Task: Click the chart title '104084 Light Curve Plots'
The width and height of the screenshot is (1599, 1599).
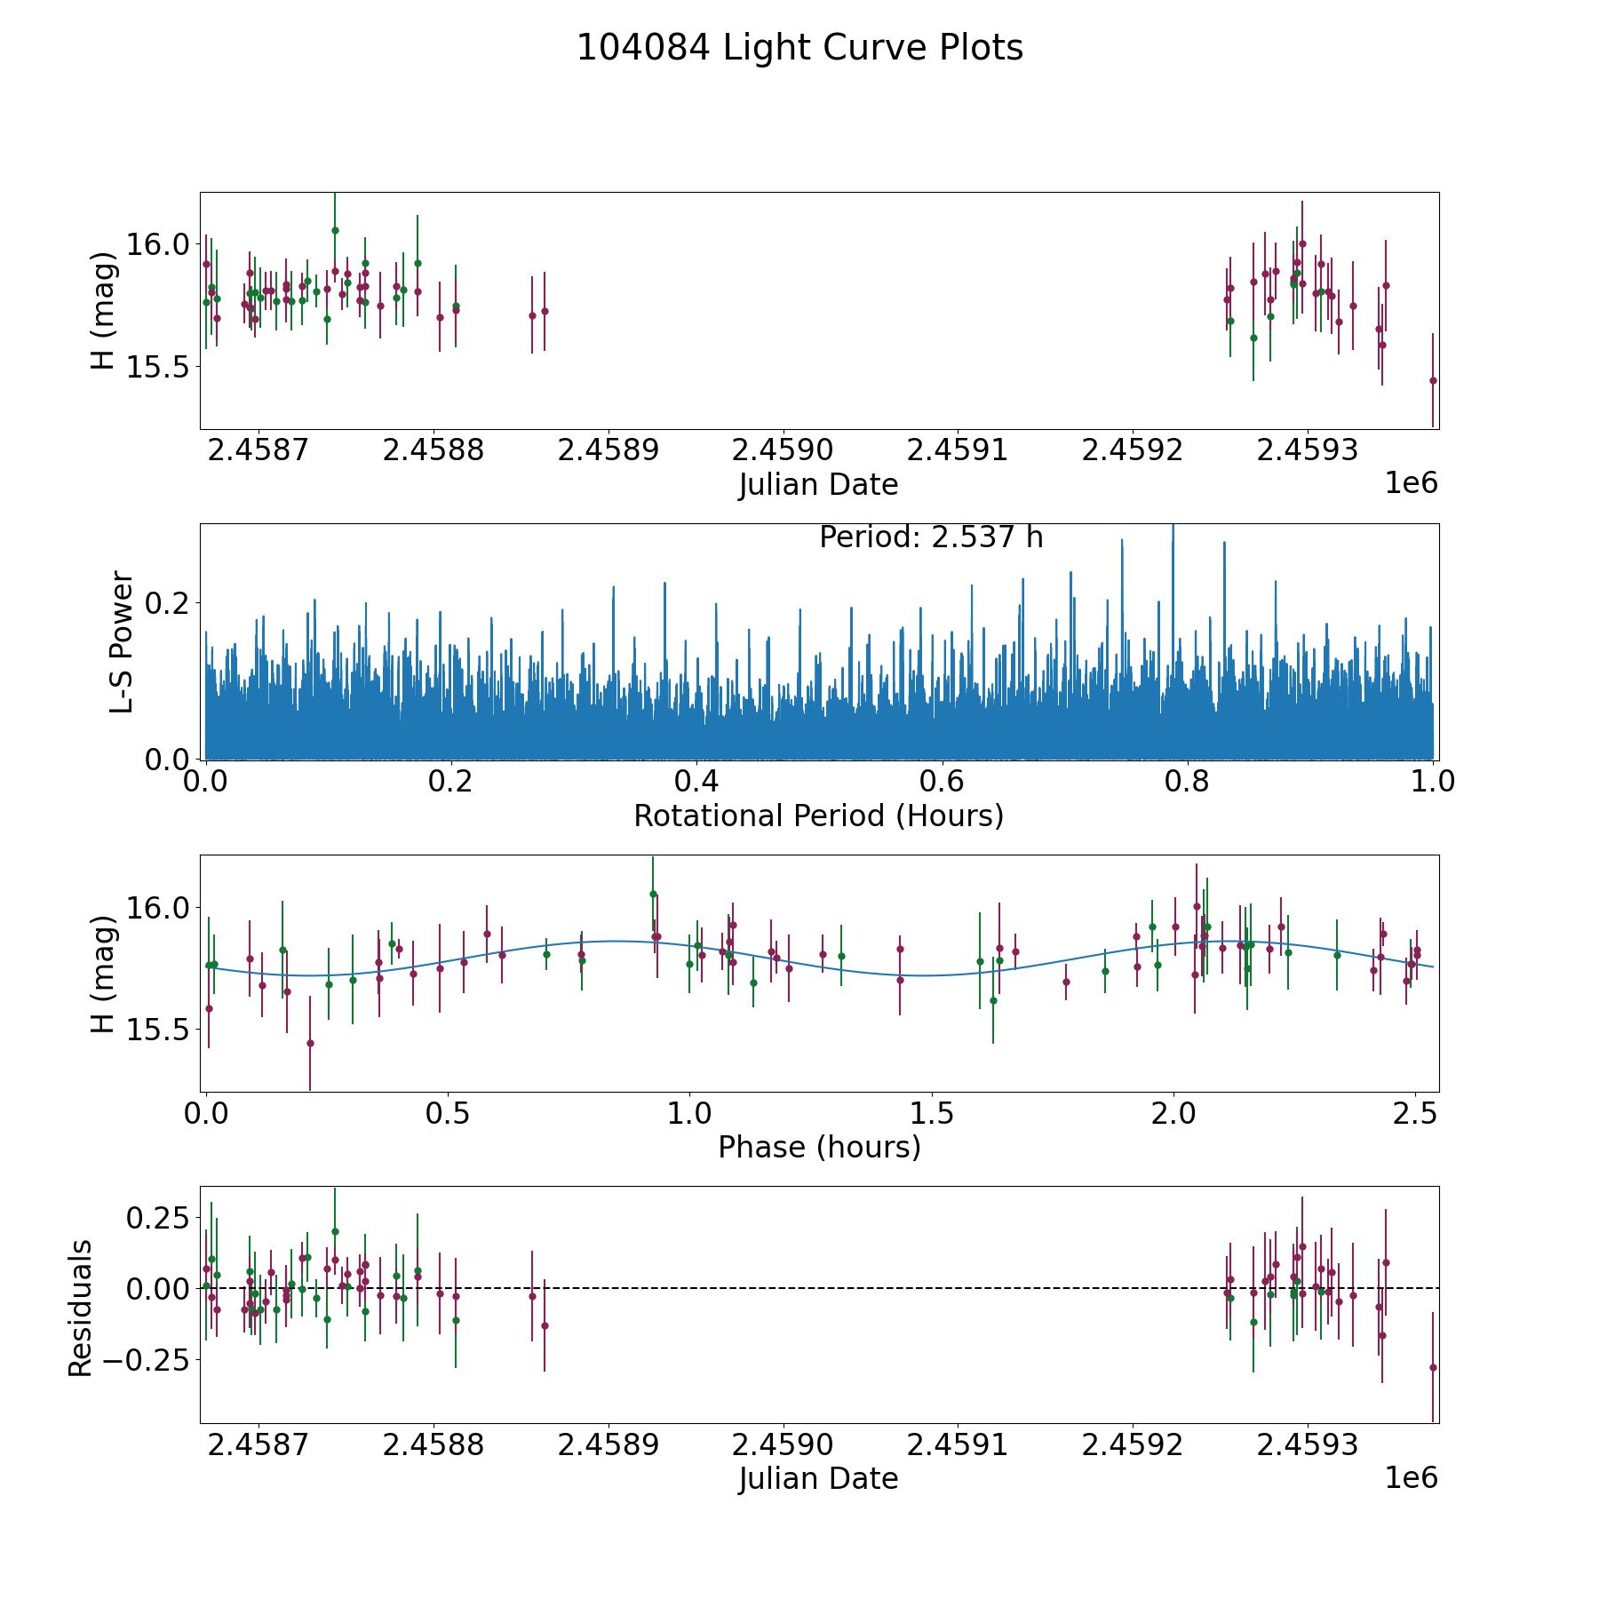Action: pyautogui.click(x=799, y=48)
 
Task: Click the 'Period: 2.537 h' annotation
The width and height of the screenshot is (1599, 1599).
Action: pyautogui.click(x=931, y=538)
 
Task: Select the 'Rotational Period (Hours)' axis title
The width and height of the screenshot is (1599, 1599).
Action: pyautogui.click(x=818, y=815)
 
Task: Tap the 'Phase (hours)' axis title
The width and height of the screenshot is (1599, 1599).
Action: pyautogui.click(x=819, y=1148)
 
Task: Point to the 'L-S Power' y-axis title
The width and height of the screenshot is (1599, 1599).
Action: pyautogui.click(x=123, y=641)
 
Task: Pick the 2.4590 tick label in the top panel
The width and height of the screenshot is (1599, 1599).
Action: pyautogui.click(x=783, y=449)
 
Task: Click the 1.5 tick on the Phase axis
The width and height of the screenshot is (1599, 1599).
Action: pyautogui.click(x=931, y=1114)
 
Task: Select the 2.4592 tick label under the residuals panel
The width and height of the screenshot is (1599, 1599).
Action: pyautogui.click(x=1132, y=1444)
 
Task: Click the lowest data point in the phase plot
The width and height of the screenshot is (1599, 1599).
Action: pyautogui.click(x=310, y=1043)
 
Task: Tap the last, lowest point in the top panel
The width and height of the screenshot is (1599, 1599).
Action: pyautogui.click(x=1433, y=380)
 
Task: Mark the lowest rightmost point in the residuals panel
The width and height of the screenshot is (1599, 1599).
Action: pyautogui.click(x=1433, y=1367)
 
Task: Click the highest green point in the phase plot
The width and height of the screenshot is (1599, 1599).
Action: pyautogui.click(x=653, y=894)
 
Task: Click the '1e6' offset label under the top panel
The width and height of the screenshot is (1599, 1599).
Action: pyautogui.click(x=1411, y=483)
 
